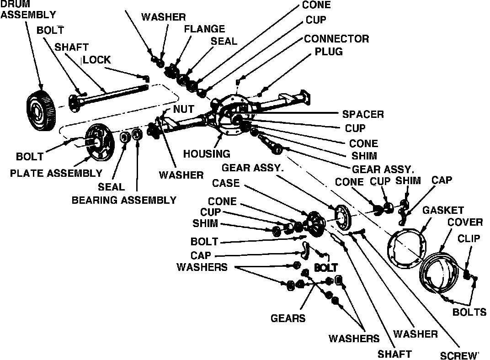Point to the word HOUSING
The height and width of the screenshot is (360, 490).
(x=207, y=154)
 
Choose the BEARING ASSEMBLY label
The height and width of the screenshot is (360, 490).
(x=124, y=200)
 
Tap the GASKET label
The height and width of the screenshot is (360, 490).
(x=443, y=210)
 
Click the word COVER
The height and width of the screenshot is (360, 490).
(x=465, y=222)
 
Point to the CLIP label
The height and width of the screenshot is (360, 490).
(x=469, y=238)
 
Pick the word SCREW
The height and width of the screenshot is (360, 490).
(x=459, y=355)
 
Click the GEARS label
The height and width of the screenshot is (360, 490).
(x=288, y=318)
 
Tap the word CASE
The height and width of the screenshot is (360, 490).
(x=226, y=183)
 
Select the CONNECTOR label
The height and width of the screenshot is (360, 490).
(x=336, y=38)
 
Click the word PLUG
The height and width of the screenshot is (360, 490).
(x=328, y=52)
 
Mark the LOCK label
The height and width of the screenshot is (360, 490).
(x=97, y=60)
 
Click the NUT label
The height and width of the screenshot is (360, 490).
(x=183, y=110)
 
